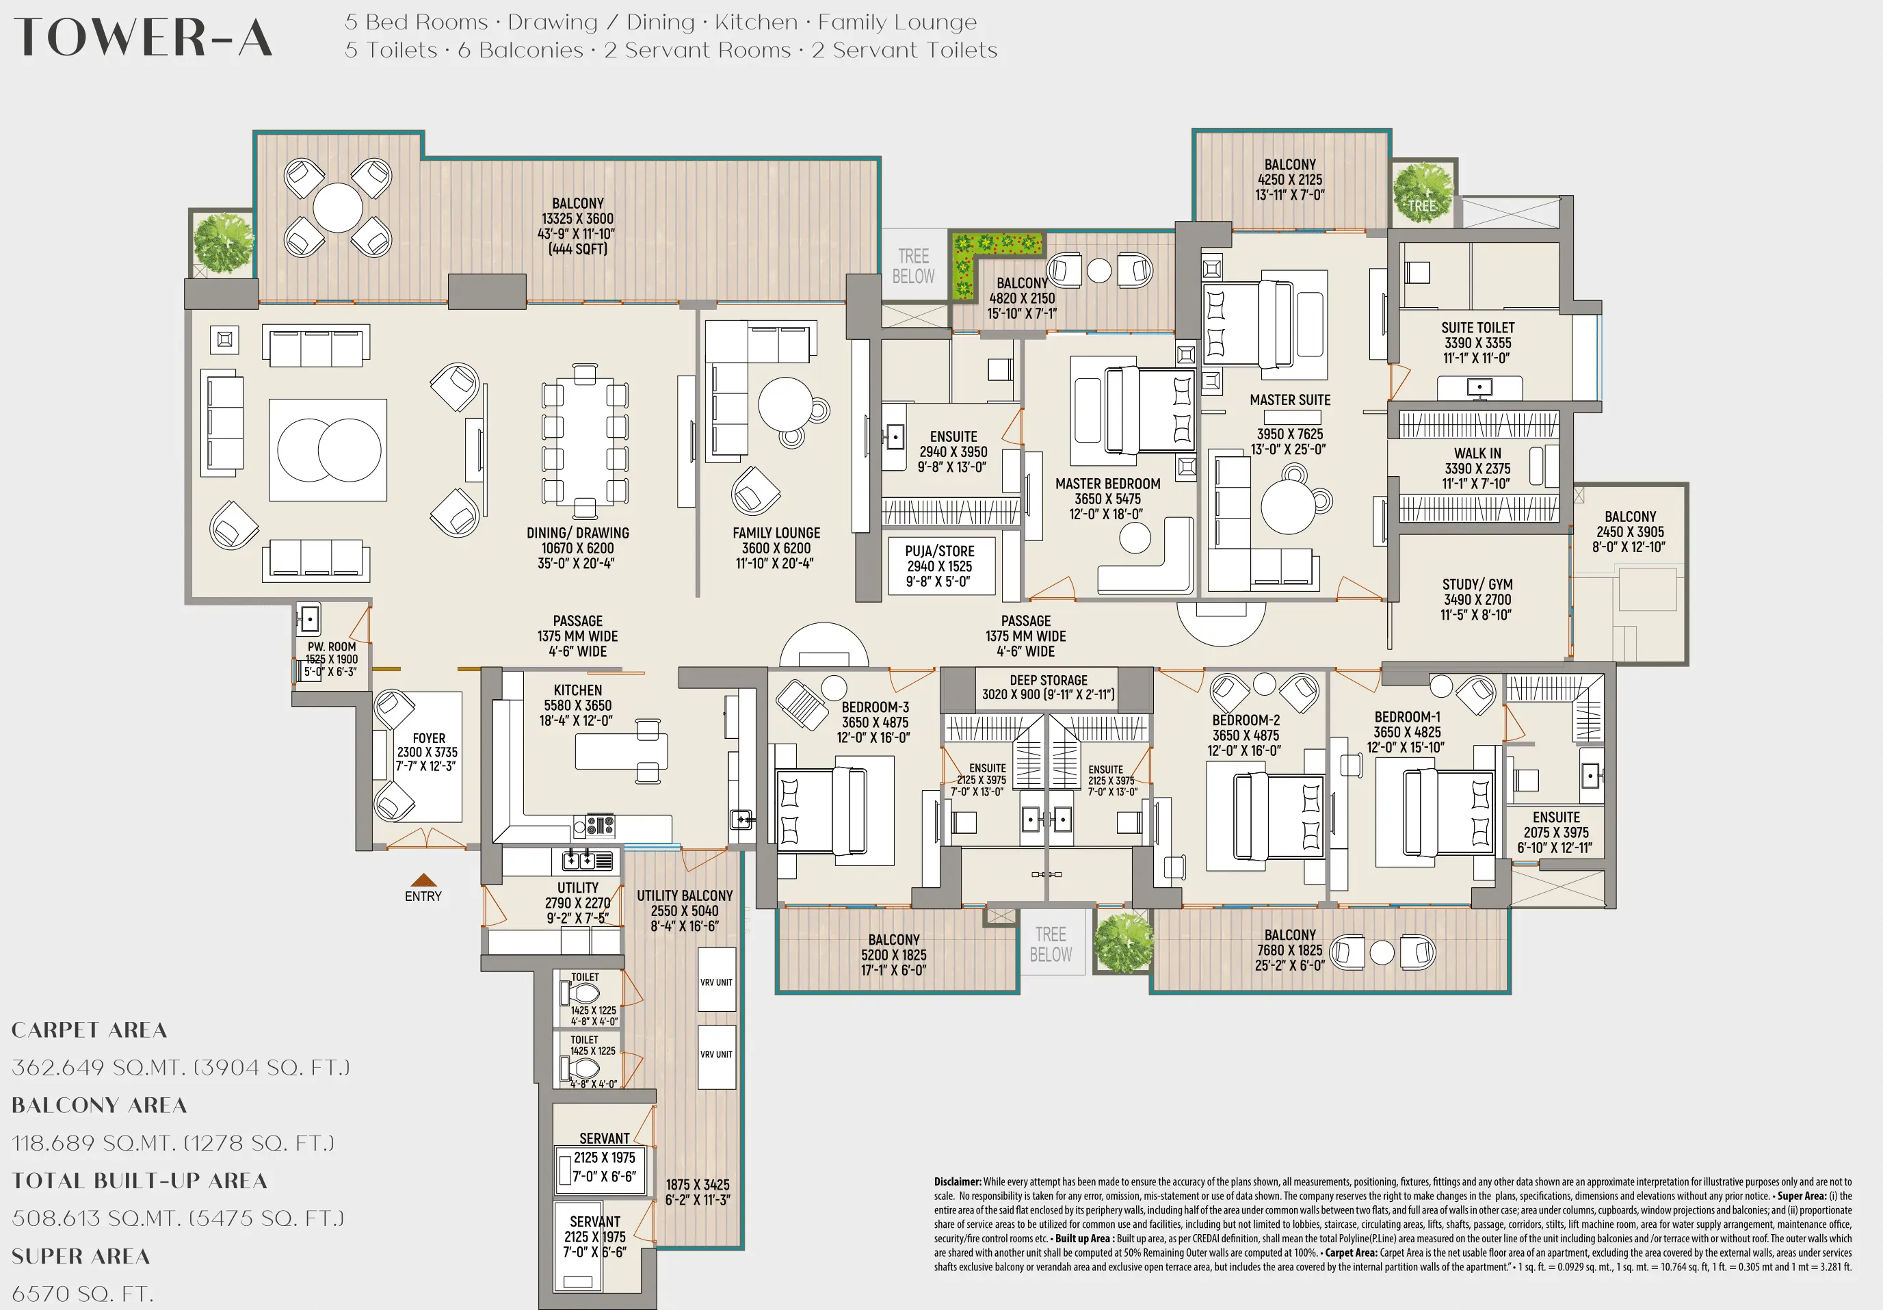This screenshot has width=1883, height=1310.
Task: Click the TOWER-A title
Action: [144, 38]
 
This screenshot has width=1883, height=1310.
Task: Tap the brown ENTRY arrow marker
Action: [423, 880]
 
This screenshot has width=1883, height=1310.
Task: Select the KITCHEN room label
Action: [577, 691]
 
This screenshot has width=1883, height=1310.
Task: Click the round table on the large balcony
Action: [337, 207]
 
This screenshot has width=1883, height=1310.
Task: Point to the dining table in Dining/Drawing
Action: [585, 443]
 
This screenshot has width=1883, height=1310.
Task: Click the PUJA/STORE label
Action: [940, 551]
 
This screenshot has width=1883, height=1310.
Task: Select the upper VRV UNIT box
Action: [716, 981]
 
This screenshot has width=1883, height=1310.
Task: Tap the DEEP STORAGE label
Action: [1048, 680]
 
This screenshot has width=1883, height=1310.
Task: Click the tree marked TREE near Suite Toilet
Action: [1422, 194]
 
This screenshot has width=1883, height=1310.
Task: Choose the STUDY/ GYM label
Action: [1477, 584]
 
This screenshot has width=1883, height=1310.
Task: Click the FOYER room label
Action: [429, 738]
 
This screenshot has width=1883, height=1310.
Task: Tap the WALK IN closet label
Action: [1477, 454]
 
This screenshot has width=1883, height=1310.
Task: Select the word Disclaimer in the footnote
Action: [957, 1182]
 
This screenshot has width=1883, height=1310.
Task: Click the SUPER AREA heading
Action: [81, 1257]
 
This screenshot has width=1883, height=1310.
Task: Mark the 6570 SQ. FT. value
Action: [82, 1294]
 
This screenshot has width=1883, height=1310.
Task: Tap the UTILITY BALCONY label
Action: [685, 895]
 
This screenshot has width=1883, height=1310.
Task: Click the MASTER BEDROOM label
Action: [1107, 484]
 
